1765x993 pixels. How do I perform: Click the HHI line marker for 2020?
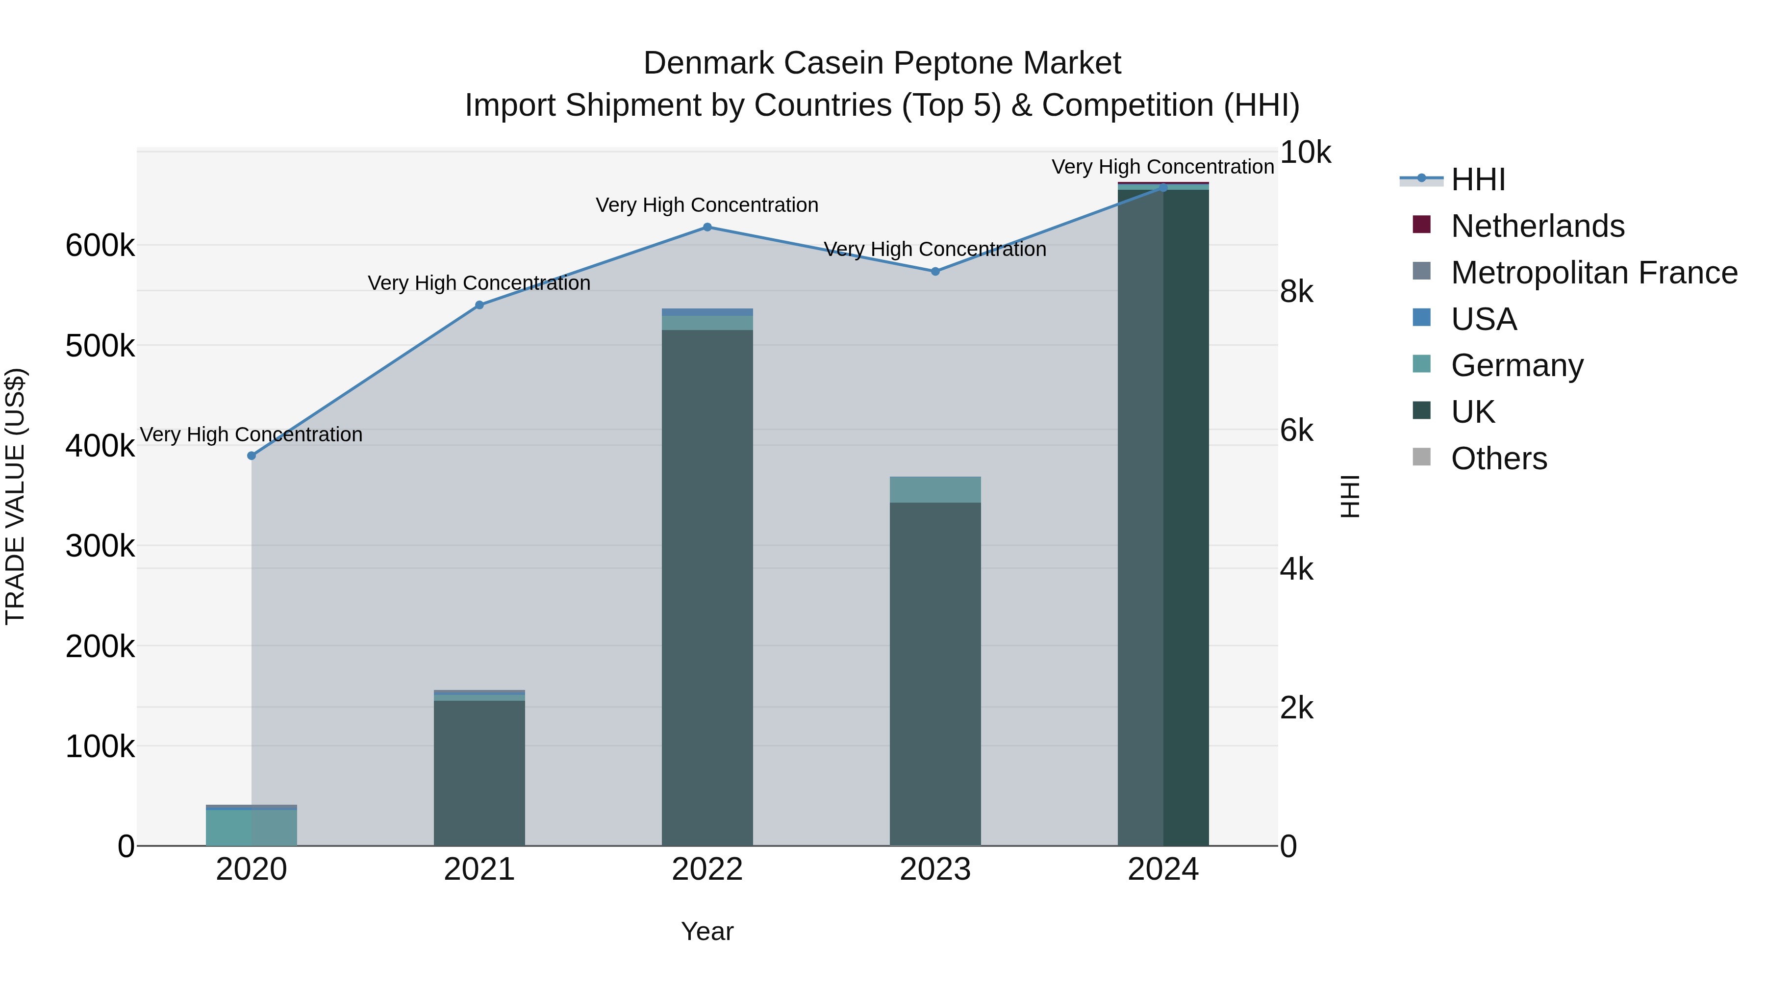pos(252,456)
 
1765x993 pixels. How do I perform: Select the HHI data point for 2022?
pos(707,227)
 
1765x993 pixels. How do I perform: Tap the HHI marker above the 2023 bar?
pos(935,271)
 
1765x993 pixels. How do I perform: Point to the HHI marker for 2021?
pos(479,305)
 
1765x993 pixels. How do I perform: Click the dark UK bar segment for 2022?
pos(707,583)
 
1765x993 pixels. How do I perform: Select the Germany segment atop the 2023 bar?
pos(935,489)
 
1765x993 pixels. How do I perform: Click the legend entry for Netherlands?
pos(1537,226)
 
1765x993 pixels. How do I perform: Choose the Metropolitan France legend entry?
pos(1594,273)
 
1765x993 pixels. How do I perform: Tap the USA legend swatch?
pos(1422,318)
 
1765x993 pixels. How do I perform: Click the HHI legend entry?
pos(1477,179)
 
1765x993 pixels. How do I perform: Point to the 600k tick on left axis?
pos(100,245)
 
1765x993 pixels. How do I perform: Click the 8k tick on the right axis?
pos(1296,292)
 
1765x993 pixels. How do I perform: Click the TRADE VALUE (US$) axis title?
pos(15,496)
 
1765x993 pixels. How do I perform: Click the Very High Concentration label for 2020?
pos(252,434)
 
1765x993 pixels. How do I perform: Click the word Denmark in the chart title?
pos(709,63)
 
